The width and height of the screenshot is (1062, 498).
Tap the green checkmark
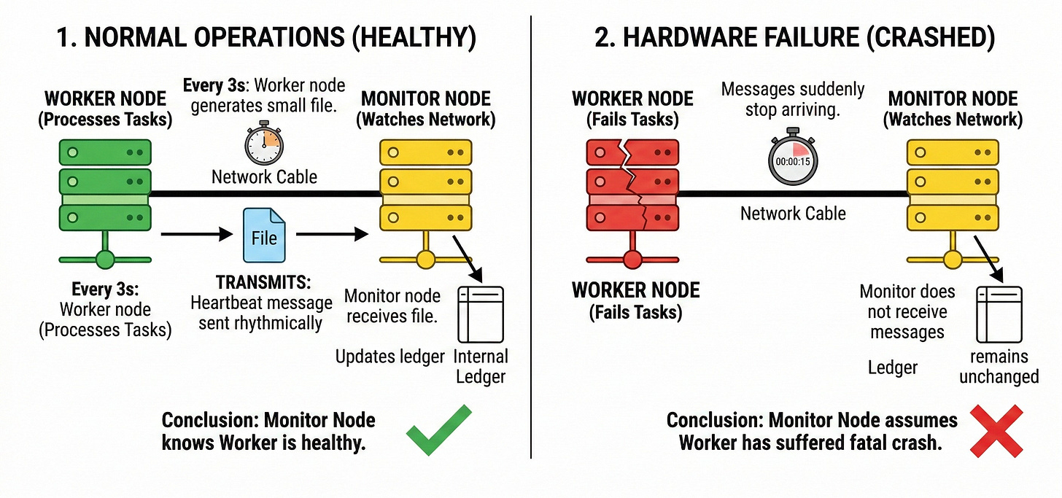coord(439,431)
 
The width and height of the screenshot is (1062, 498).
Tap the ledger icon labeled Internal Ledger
coord(481,314)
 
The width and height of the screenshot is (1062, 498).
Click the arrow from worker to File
coord(191,235)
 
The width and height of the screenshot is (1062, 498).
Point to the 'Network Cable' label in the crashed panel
coord(793,214)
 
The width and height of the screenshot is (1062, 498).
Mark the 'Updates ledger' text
coord(389,357)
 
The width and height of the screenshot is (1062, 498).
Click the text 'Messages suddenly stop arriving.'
coord(793,101)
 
